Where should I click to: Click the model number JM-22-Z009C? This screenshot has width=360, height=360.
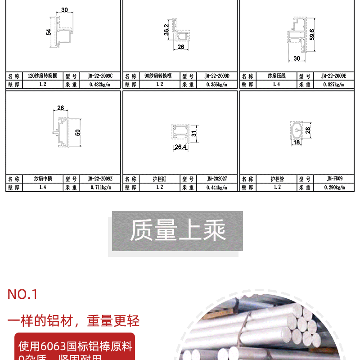[100, 76]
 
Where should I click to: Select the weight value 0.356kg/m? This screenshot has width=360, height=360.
[216, 84]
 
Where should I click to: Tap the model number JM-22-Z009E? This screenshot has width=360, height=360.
[334, 76]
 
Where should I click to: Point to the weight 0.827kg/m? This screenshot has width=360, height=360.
[334, 84]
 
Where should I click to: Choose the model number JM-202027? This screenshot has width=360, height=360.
[216, 179]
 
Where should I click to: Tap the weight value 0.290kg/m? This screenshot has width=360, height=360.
[334, 187]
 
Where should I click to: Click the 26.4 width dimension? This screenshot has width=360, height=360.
[180, 147]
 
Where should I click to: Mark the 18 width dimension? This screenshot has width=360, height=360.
[296, 142]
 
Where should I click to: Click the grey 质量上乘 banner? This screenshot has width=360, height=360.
[177, 231]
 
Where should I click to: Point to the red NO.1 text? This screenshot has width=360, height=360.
[22, 295]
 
